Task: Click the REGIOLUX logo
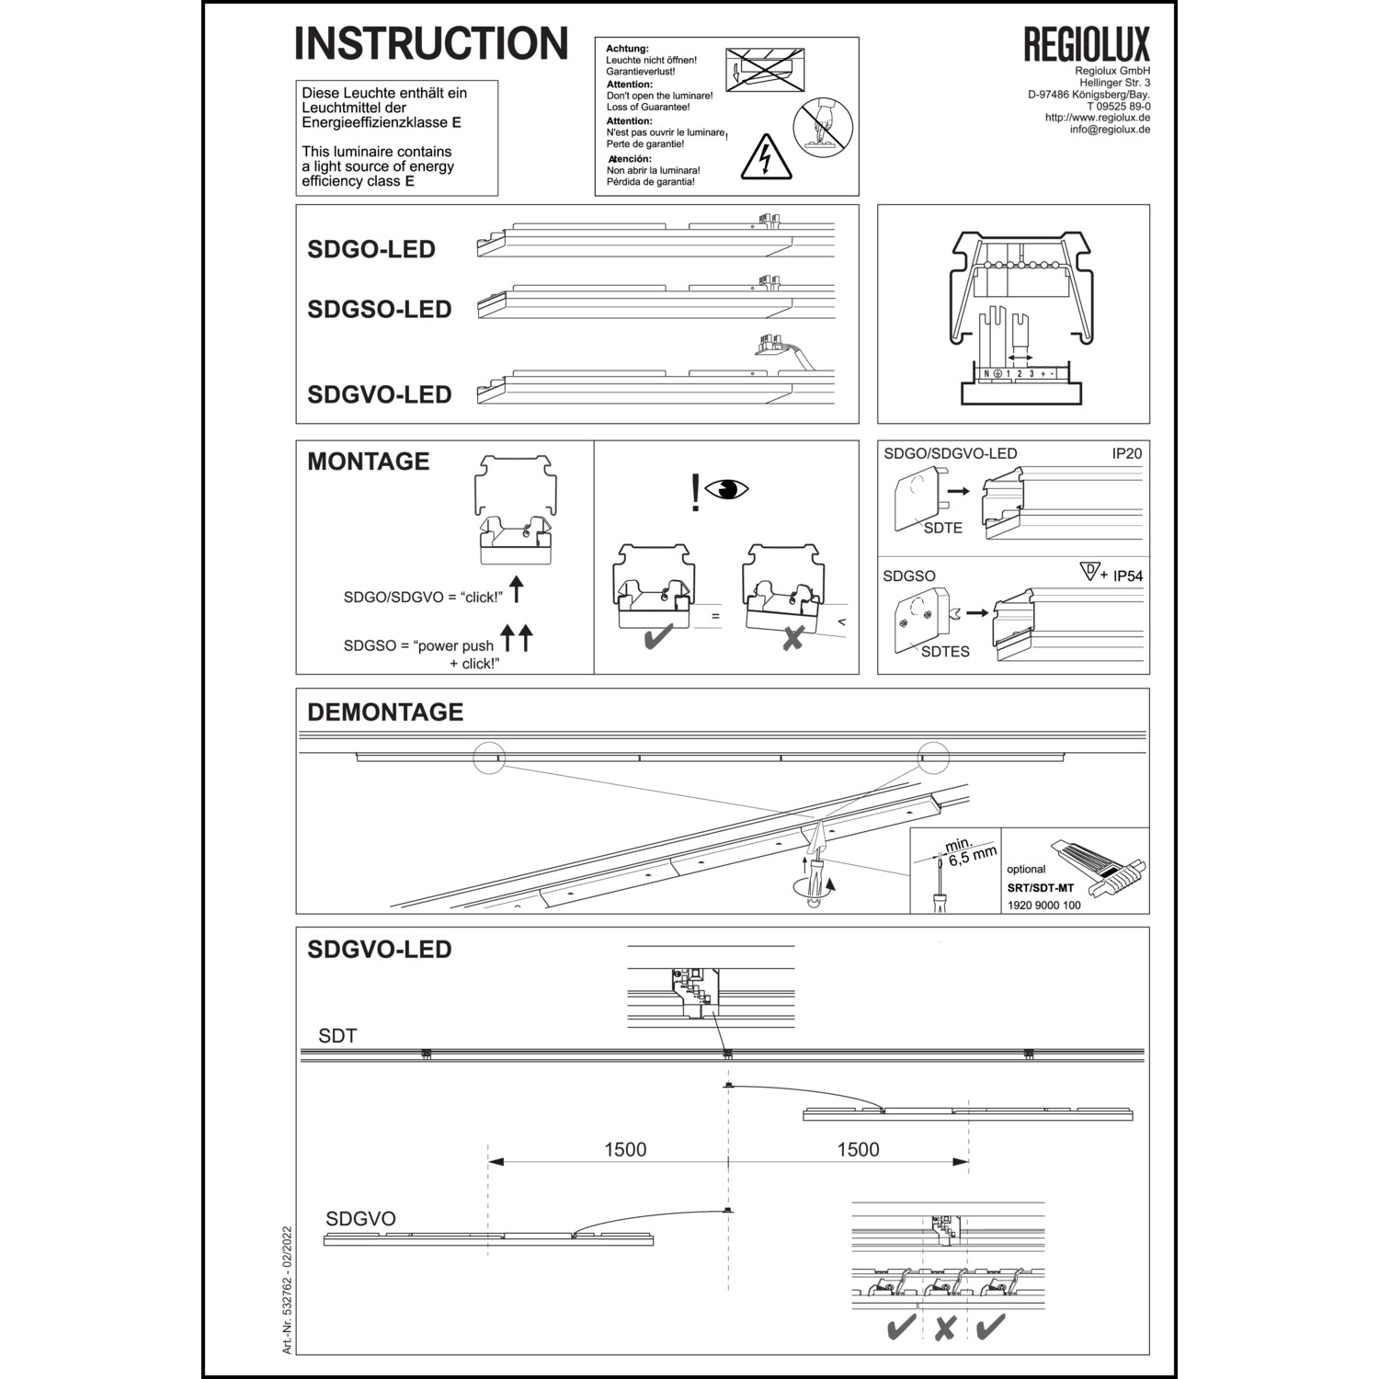pyautogui.click(x=1087, y=44)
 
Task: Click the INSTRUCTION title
pyautogui.click(x=431, y=43)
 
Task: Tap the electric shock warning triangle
pyautogui.click(x=765, y=158)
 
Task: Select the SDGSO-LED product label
pyautogui.click(x=379, y=310)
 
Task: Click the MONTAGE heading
pyautogui.click(x=368, y=462)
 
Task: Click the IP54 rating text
pyautogui.click(x=1127, y=576)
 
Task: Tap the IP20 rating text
pyautogui.click(x=1126, y=453)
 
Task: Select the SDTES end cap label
pyautogui.click(x=945, y=652)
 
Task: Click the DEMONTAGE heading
pyautogui.click(x=385, y=712)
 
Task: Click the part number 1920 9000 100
pyautogui.click(x=1043, y=906)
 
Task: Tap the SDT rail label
pyautogui.click(x=337, y=1036)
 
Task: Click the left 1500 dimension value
pyautogui.click(x=625, y=1149)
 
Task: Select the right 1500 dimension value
pyautogui.click(x=858, y=1149)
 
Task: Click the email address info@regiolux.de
pyautogui.click(x=1110, y=130)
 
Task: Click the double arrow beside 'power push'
pyautogui.click(x=517, y=636)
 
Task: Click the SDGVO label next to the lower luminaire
pyautogui.click(x=360, y=1219)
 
